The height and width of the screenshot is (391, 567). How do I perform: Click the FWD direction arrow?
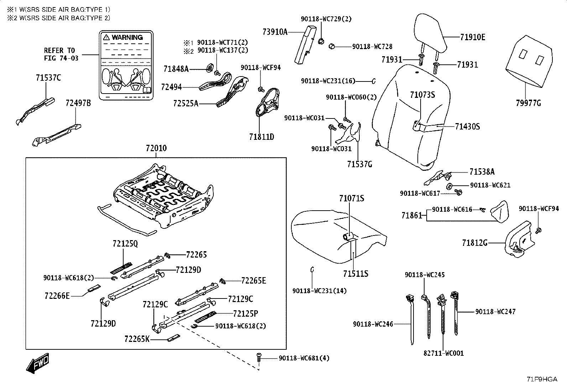[37, 364]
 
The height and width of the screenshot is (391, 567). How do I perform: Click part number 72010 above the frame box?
[156, 148]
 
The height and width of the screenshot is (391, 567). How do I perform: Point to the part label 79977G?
[528, 103]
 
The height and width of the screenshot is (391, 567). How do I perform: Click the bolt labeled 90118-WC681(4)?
[259, 357]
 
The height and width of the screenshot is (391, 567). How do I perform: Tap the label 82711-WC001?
[443, 353]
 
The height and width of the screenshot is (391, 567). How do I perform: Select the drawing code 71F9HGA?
[542, 379]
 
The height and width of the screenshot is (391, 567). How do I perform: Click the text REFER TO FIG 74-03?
[61, 54]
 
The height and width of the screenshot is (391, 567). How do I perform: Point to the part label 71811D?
[261, 137]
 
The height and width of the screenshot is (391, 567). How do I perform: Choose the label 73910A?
[275, 32]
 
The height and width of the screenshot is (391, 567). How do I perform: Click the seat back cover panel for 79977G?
[529, 62]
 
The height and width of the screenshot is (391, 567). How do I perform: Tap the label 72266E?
[57, 296]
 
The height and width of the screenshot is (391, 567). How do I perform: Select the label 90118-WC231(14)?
[319, 291]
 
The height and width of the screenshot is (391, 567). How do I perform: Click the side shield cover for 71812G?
[519, 239]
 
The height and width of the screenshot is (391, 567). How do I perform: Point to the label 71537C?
[48, 78]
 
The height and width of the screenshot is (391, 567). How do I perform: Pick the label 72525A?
[186, 103]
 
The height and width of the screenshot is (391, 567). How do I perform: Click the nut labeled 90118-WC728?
[332, 47]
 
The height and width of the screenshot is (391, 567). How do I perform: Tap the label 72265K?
[137, 339]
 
